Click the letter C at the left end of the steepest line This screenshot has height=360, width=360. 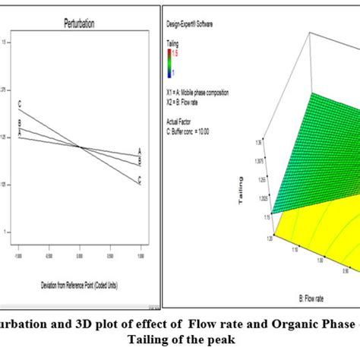coord(21,105)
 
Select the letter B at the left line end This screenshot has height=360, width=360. coord(21,122)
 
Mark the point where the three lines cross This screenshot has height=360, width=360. coord(80,146)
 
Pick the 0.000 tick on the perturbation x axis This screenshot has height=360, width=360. coord(80,256)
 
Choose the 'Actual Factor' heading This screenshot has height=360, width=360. coord(179,120)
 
